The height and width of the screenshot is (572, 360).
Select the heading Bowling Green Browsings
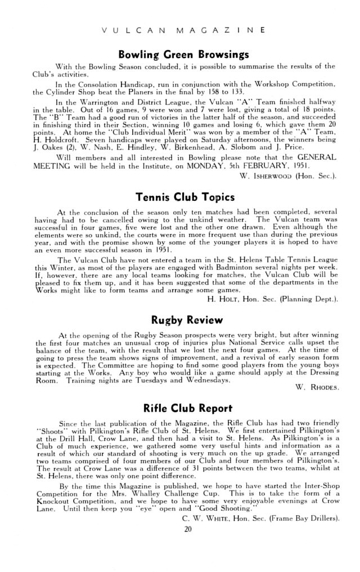coord(179,55)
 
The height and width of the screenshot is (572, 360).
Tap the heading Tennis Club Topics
coord(179,197)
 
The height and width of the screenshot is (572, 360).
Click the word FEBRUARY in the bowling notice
coord(268,166)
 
